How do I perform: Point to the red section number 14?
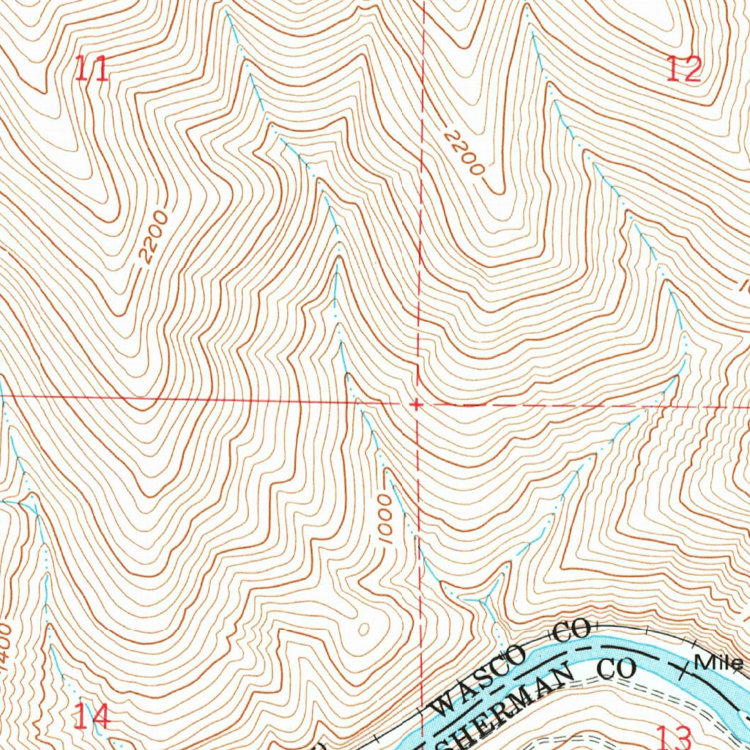[92, 717]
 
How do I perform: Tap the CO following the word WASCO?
[571, 631]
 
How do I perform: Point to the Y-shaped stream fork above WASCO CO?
[485, 602]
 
